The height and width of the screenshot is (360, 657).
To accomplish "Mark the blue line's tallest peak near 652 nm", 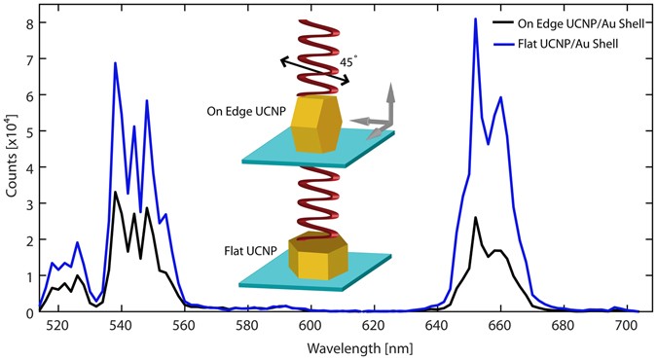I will tap(475, 18).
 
